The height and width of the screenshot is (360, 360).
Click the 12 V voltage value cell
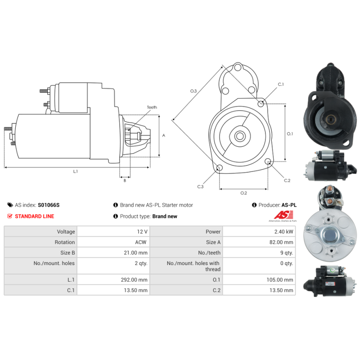(x=142, y=232)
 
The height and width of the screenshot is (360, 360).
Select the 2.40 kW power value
(x=284, y=232)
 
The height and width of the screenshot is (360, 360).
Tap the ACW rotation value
(x=140, y=242)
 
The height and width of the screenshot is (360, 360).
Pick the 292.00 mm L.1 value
(x=134, y=280)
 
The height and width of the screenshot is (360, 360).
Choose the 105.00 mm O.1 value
(x=280, y=280)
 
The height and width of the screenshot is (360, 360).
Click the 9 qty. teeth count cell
(x=287, y=253)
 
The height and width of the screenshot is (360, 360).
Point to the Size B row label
(x=67, y=253)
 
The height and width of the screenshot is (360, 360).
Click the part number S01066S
(x=49, y=205)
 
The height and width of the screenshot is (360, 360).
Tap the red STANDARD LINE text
(x=35, y=216)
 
